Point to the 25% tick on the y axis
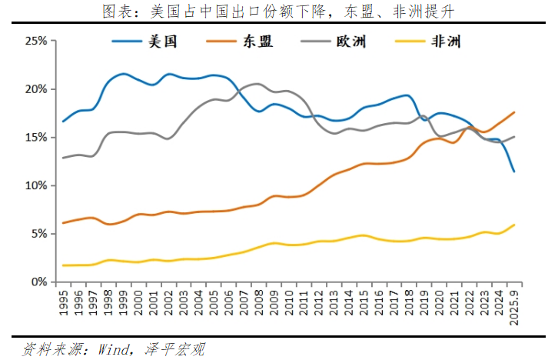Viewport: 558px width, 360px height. click(x=35, y=41)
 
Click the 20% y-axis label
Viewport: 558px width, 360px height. click(x=35, y=89)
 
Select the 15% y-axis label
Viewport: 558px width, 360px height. click(x=35, y=138)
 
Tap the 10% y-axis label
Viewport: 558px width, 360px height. click(x=35, y=186)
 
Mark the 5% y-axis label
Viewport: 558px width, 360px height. click(x=37, y=234)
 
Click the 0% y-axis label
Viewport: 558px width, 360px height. click(x=37, y=282)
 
